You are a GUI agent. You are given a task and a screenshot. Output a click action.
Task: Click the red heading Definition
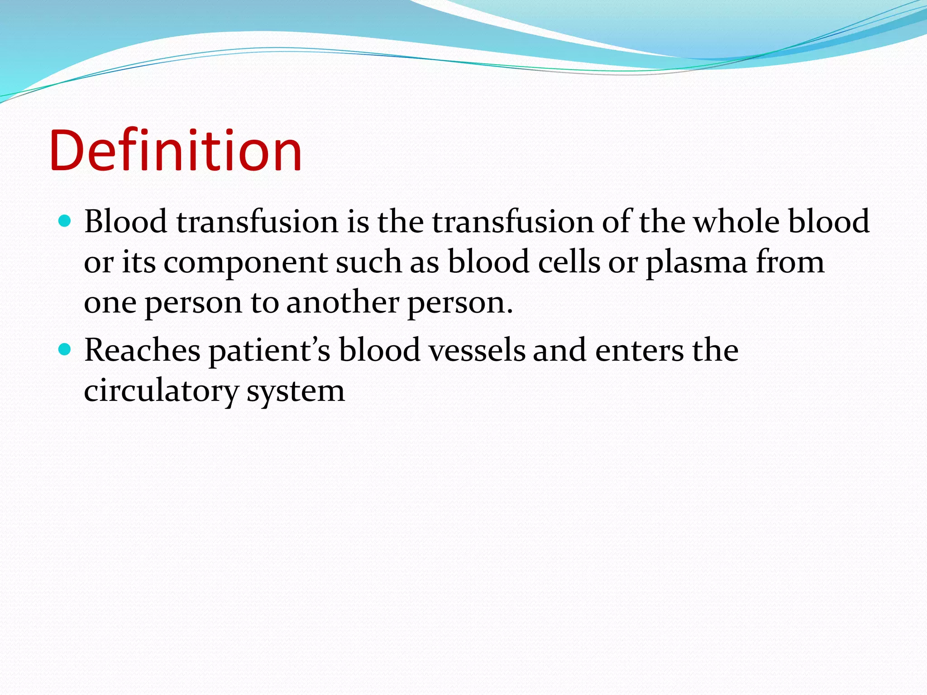[x=176, y=151]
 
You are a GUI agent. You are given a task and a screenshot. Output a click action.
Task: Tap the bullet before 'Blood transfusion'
[x=65, y=221]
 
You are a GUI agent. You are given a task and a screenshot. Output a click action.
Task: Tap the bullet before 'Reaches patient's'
[x=65, y=349]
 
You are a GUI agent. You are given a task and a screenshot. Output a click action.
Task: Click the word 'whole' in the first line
[x=736, y=222]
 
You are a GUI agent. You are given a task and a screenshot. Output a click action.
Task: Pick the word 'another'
[x=343, y=302]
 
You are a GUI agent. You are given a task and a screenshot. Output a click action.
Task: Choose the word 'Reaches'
[x=142, y=350]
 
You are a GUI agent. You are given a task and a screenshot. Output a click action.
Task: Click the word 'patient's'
[x=270, y=351]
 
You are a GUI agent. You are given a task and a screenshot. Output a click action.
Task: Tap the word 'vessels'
[x=477, y=350]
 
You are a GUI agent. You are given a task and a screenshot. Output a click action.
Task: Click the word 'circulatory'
[x=161, y=391]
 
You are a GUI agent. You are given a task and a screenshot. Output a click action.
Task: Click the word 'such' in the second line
[x=368, y=262]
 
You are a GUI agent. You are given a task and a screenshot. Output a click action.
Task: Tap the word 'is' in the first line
[x=358, y=222]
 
